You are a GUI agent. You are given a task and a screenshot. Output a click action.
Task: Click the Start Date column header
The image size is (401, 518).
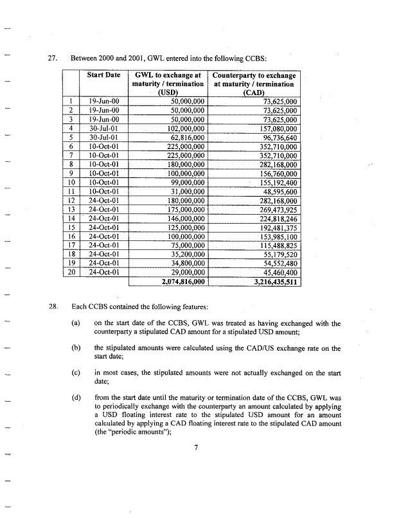[x=104, y=75]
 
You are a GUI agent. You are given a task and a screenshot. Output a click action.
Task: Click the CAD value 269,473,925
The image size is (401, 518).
[x=276, y=209]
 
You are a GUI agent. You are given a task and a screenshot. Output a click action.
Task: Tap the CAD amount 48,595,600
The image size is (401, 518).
[x=278, y=191]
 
